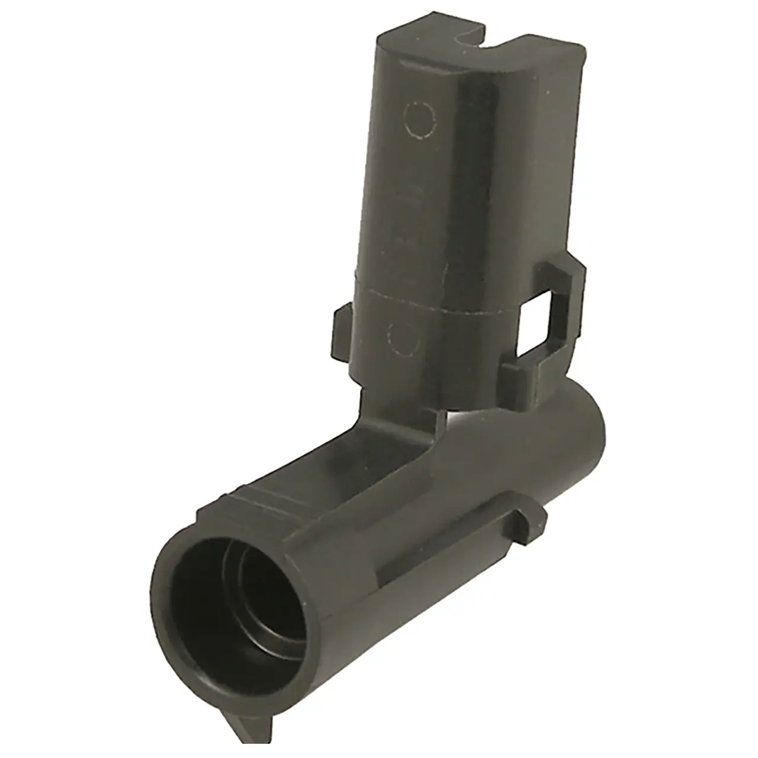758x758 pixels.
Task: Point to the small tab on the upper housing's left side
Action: (342, 335)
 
